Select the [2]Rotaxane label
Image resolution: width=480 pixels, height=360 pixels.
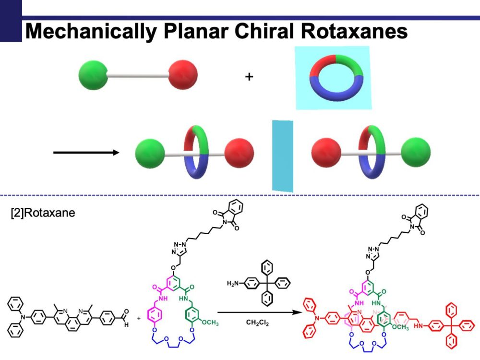click(43, 212)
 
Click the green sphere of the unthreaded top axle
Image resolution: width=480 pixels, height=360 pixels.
click(94, 75)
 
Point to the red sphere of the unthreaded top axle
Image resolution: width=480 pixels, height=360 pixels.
click(183, 75)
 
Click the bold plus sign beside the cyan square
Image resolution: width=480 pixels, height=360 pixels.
click(249, 76)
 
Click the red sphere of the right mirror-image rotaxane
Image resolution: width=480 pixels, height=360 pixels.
click(326, 154)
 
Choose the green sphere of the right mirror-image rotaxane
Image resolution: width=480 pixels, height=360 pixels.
click(415, 154)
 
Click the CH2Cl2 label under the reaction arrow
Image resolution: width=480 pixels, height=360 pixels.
click(258, 324)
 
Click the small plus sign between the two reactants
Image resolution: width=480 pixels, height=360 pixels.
click(140, 318)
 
